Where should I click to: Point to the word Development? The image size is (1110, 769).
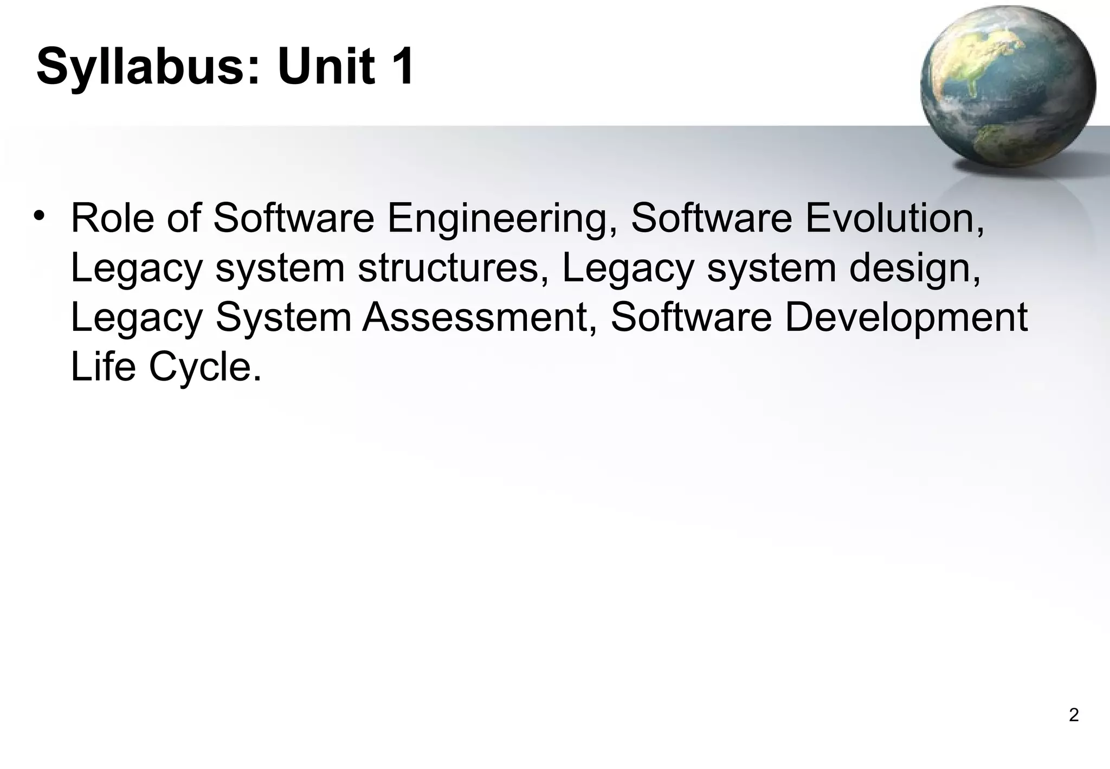905,318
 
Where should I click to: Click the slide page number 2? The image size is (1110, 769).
1073,715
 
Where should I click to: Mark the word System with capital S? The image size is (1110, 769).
283,318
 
